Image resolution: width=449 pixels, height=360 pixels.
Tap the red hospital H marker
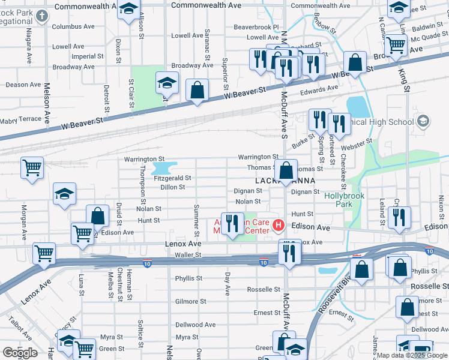(278, 226)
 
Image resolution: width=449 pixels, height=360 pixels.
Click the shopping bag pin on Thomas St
(288, 169)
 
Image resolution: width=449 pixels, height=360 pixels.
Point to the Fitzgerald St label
(172, 178)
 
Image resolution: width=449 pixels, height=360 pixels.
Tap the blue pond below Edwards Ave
(358, 107)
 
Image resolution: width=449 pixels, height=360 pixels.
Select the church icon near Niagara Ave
(41, 14)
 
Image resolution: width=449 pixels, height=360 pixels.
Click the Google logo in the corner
(20, 353)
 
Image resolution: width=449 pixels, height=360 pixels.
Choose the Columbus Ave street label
(73, 26)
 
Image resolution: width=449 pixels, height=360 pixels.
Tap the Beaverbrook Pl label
(256, 27)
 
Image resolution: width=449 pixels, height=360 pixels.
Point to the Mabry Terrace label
(22, 120)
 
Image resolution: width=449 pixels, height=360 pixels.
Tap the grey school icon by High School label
(423, 122)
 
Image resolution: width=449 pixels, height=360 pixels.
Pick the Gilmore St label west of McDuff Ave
(191, 302)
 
